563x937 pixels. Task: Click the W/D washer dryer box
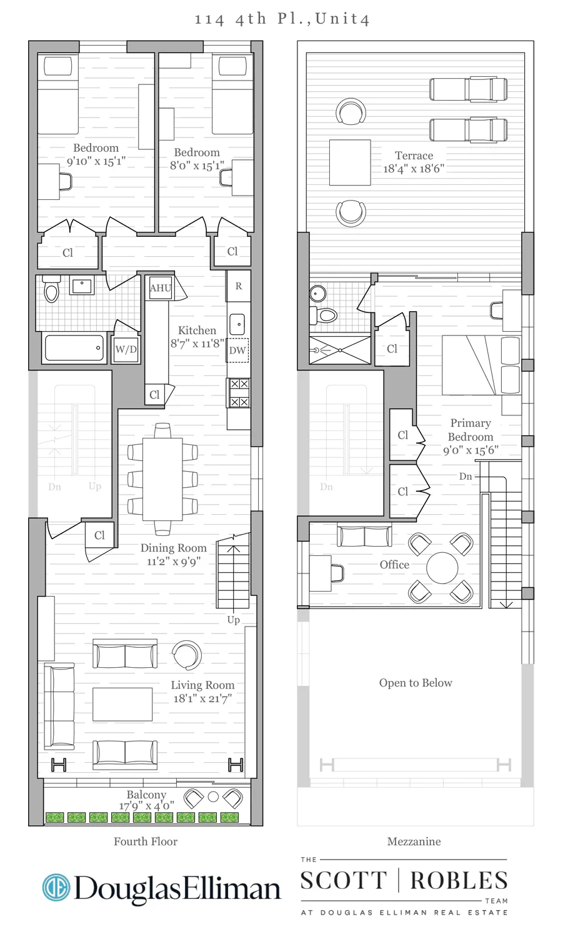(126, 349)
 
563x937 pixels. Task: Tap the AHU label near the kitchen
(160, 288)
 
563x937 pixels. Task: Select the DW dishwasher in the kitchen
(237, 350)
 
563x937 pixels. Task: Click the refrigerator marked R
(238, 286)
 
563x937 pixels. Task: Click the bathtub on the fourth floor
(74, 348)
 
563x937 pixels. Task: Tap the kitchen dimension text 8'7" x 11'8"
(197, 344)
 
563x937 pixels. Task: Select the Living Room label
(202, 685)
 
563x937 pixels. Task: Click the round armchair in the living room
(186, 656)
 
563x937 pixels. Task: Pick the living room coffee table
(122, 704)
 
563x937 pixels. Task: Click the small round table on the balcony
(213, 797)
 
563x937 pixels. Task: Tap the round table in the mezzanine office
(442, 568)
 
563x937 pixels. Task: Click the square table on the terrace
(350, 162)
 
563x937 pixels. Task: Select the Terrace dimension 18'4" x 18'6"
(413, 169)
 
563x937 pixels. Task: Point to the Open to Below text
(416, 683)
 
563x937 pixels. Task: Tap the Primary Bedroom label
(471, 430)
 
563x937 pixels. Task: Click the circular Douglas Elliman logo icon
(56, 888)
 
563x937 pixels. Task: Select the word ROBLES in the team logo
(459, 881)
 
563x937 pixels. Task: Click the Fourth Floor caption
(146, 841)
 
